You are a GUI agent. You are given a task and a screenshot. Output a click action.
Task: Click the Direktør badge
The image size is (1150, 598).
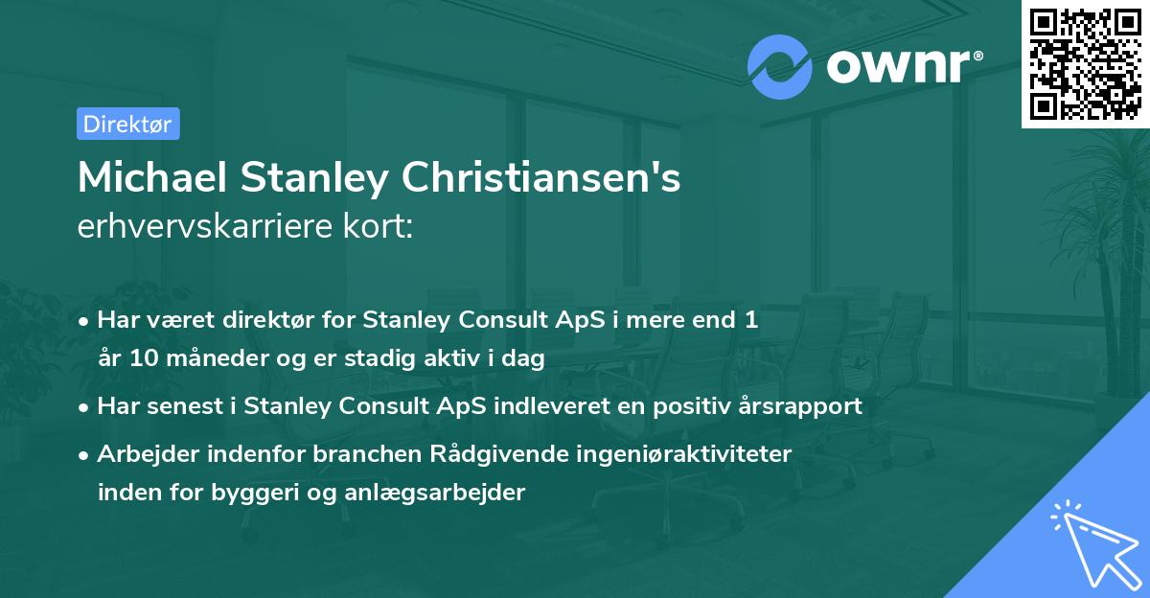point(127,124)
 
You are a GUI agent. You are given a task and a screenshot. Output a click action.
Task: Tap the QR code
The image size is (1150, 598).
point(1086,63)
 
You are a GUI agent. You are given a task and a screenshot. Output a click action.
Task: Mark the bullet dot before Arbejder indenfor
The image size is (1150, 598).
point(85,455)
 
